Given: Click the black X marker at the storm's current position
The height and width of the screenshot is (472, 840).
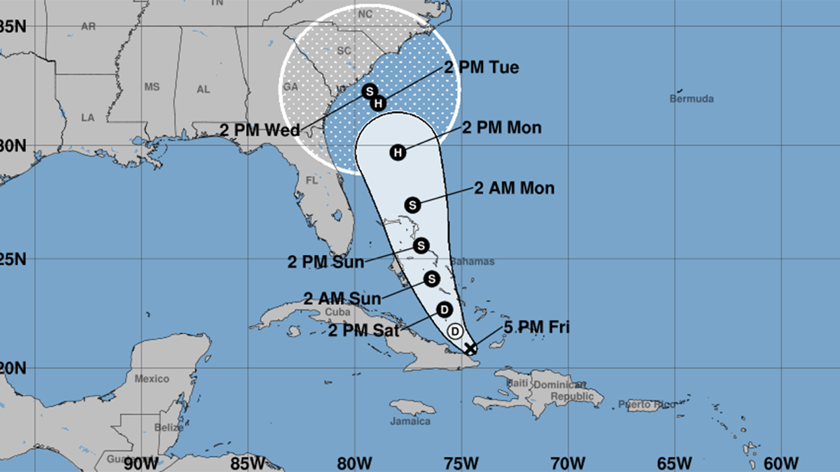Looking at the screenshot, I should click(470, 348).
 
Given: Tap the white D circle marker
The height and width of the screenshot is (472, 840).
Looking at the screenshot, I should click(455, 331).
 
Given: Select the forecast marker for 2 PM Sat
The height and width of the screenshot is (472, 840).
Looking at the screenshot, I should click(444, 309).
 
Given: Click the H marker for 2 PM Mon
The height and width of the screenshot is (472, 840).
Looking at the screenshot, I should click(398, 152).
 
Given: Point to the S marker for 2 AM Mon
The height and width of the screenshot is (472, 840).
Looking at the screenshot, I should click(413, 204).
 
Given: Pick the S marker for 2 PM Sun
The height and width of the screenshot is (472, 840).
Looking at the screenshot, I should click(420, 245).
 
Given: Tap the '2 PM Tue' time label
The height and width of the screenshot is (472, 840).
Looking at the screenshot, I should click(482, 68).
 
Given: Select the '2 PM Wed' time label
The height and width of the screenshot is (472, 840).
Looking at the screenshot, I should click(260, 130).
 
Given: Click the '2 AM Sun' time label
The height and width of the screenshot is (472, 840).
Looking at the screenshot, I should click(342, 299).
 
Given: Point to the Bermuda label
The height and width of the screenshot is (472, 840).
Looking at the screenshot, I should click(692, 99).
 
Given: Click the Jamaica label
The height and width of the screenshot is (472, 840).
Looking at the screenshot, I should click(410, 422).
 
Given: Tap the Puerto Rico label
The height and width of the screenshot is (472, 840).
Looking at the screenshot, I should click(647, 404).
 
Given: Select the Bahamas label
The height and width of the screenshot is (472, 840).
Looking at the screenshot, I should click(472, 262).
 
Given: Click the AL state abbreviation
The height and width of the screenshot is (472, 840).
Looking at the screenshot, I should click(203, 90).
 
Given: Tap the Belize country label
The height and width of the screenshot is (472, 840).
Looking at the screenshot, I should click(170, 427).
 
